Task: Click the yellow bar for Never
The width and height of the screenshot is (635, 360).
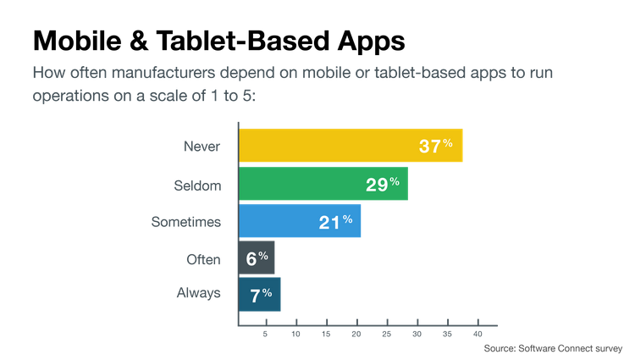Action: (351, 145)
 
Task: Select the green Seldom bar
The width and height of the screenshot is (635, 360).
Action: (324, 184)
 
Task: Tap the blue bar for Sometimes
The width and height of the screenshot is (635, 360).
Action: (301, 221)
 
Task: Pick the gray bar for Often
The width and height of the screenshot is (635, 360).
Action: (257, 258)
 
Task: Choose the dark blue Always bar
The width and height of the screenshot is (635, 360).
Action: (260, 294)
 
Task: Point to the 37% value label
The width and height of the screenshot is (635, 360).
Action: (436, 146)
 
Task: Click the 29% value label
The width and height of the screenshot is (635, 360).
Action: (382, 184)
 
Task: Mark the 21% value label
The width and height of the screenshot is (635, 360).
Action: (335, 221)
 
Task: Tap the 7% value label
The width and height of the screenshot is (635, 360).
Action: (260, 294)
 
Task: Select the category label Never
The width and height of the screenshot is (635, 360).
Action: (202, 146)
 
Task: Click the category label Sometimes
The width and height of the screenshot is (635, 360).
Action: (185, 221)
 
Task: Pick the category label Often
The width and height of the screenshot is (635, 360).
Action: (203, 258)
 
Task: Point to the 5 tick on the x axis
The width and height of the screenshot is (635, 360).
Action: (266, 335)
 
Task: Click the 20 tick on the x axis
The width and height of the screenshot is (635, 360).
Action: (356, 335)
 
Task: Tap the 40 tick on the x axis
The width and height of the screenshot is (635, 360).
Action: (478, 335)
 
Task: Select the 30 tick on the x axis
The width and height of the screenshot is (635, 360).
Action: (417, 335)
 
